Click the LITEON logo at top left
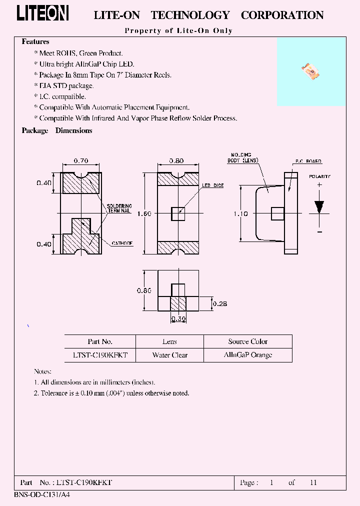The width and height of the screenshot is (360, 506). [42, 14]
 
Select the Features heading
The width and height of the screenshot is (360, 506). [35, 42]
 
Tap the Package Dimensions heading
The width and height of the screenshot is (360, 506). [57, 130]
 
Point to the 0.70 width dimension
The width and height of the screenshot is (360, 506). [81, 161]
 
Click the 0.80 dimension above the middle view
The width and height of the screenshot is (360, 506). [177, 161]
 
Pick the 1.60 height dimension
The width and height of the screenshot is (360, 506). [144, 213]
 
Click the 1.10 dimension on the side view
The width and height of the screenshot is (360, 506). [240, 213]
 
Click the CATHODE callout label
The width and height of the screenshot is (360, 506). [122, 243]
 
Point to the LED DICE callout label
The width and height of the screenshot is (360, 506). [213, 185]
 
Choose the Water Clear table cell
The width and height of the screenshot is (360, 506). [170, 355]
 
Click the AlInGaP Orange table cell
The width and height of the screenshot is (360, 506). [248, 355]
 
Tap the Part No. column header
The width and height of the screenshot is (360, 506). [100, 341]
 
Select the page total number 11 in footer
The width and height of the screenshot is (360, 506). [313, 482]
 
